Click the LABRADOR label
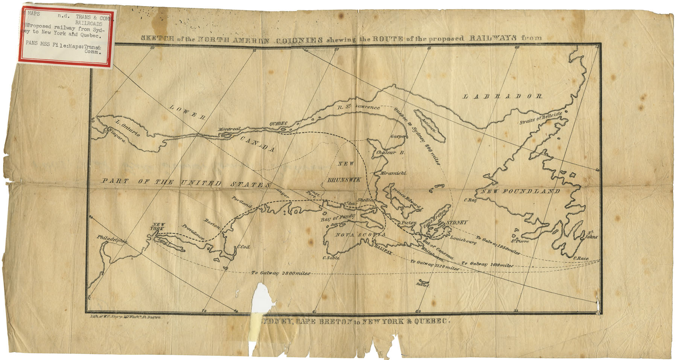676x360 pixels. tap(502, 97)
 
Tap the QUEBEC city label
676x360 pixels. tap(279, 124)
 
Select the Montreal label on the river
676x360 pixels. tap(229, 130)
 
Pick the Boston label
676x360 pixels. tap(212, 223)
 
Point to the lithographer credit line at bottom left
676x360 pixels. tap(126, 317)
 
